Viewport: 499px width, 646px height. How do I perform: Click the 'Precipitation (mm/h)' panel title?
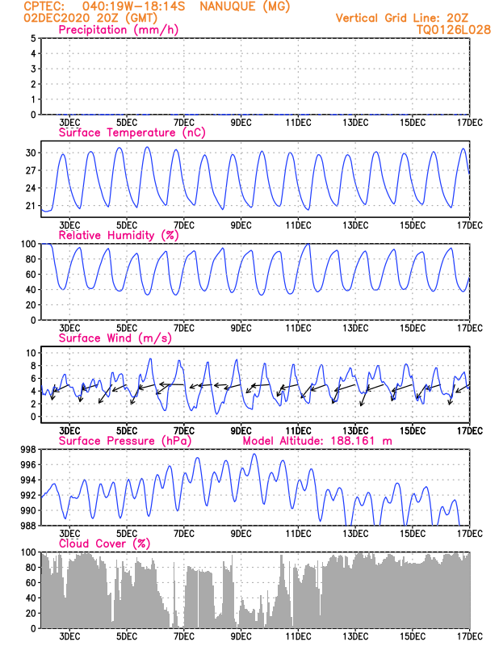coord(118,30)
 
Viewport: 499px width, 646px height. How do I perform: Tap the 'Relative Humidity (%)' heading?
coord(118,235)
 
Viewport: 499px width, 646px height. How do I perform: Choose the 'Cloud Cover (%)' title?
coord(104,543)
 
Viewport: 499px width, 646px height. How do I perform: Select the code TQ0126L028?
coord(453,29)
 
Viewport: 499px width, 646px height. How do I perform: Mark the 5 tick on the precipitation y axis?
coord(33,38)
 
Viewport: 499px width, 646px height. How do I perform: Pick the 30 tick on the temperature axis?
coord(30,153)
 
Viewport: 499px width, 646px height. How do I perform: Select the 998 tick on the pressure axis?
coord(27,450)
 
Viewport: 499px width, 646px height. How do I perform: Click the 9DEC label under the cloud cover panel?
coord(241,637)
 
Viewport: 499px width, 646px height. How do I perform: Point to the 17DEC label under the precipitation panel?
coord(469,123)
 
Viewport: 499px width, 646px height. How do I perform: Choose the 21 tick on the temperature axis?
coord(30,206)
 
